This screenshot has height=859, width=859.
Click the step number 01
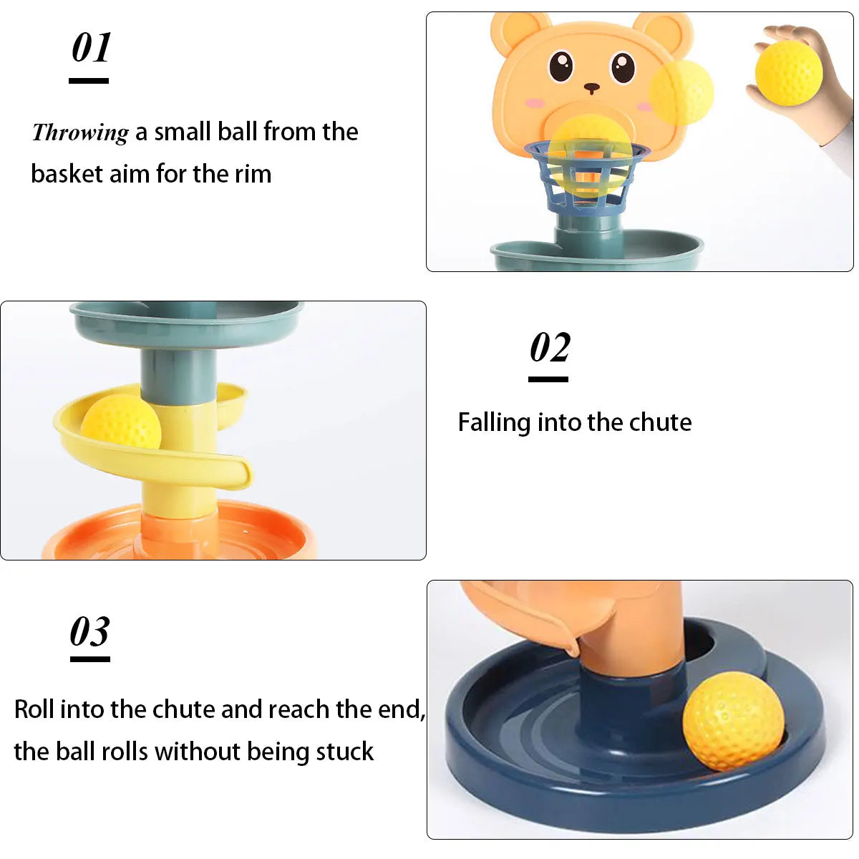(91, 49)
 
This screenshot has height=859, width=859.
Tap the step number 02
(550, 348)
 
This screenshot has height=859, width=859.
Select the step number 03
(90, 632)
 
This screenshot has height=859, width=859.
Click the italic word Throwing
(80, 132)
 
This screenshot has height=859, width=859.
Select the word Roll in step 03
(34, 709)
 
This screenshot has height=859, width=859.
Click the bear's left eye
(561, 67)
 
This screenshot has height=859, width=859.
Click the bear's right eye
(623, 67)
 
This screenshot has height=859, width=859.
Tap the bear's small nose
(592, 88)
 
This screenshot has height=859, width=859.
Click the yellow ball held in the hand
(788, 73)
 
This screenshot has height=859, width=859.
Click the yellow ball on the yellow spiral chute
(121, 423)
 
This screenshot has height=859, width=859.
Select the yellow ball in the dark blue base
(732, 721)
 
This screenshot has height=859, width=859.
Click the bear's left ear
(514, 29)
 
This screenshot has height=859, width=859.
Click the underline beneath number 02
(548, 379)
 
